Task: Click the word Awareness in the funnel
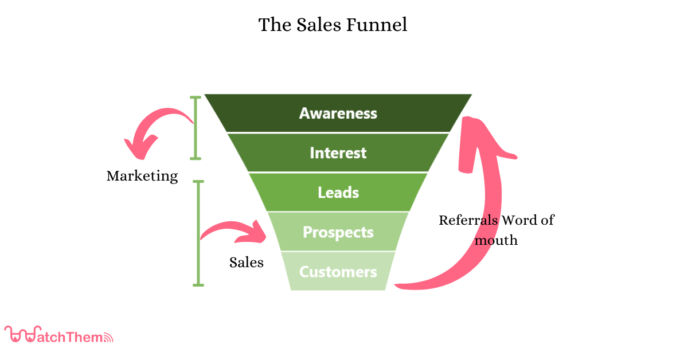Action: pyautogui.click(x=338, y=113)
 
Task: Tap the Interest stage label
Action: pyautogui.click(x=338, y=153)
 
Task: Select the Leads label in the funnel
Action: pyautogui.click(x=338, y=193)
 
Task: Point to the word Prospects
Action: pyautogui.click(x=338, y=232)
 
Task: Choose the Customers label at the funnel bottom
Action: pyautogui.click(x=338, y=272)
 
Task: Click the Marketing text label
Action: pyautogui.click(x=142, y=176)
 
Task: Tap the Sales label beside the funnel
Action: pyautogui.click(x=247, y=263)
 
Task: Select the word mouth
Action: pyautogui.click(x=496, y=240)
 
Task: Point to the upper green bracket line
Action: pyautogui.click(x=196, y=127)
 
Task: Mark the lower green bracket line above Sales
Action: pyautogui.click(x=198, y=232)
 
